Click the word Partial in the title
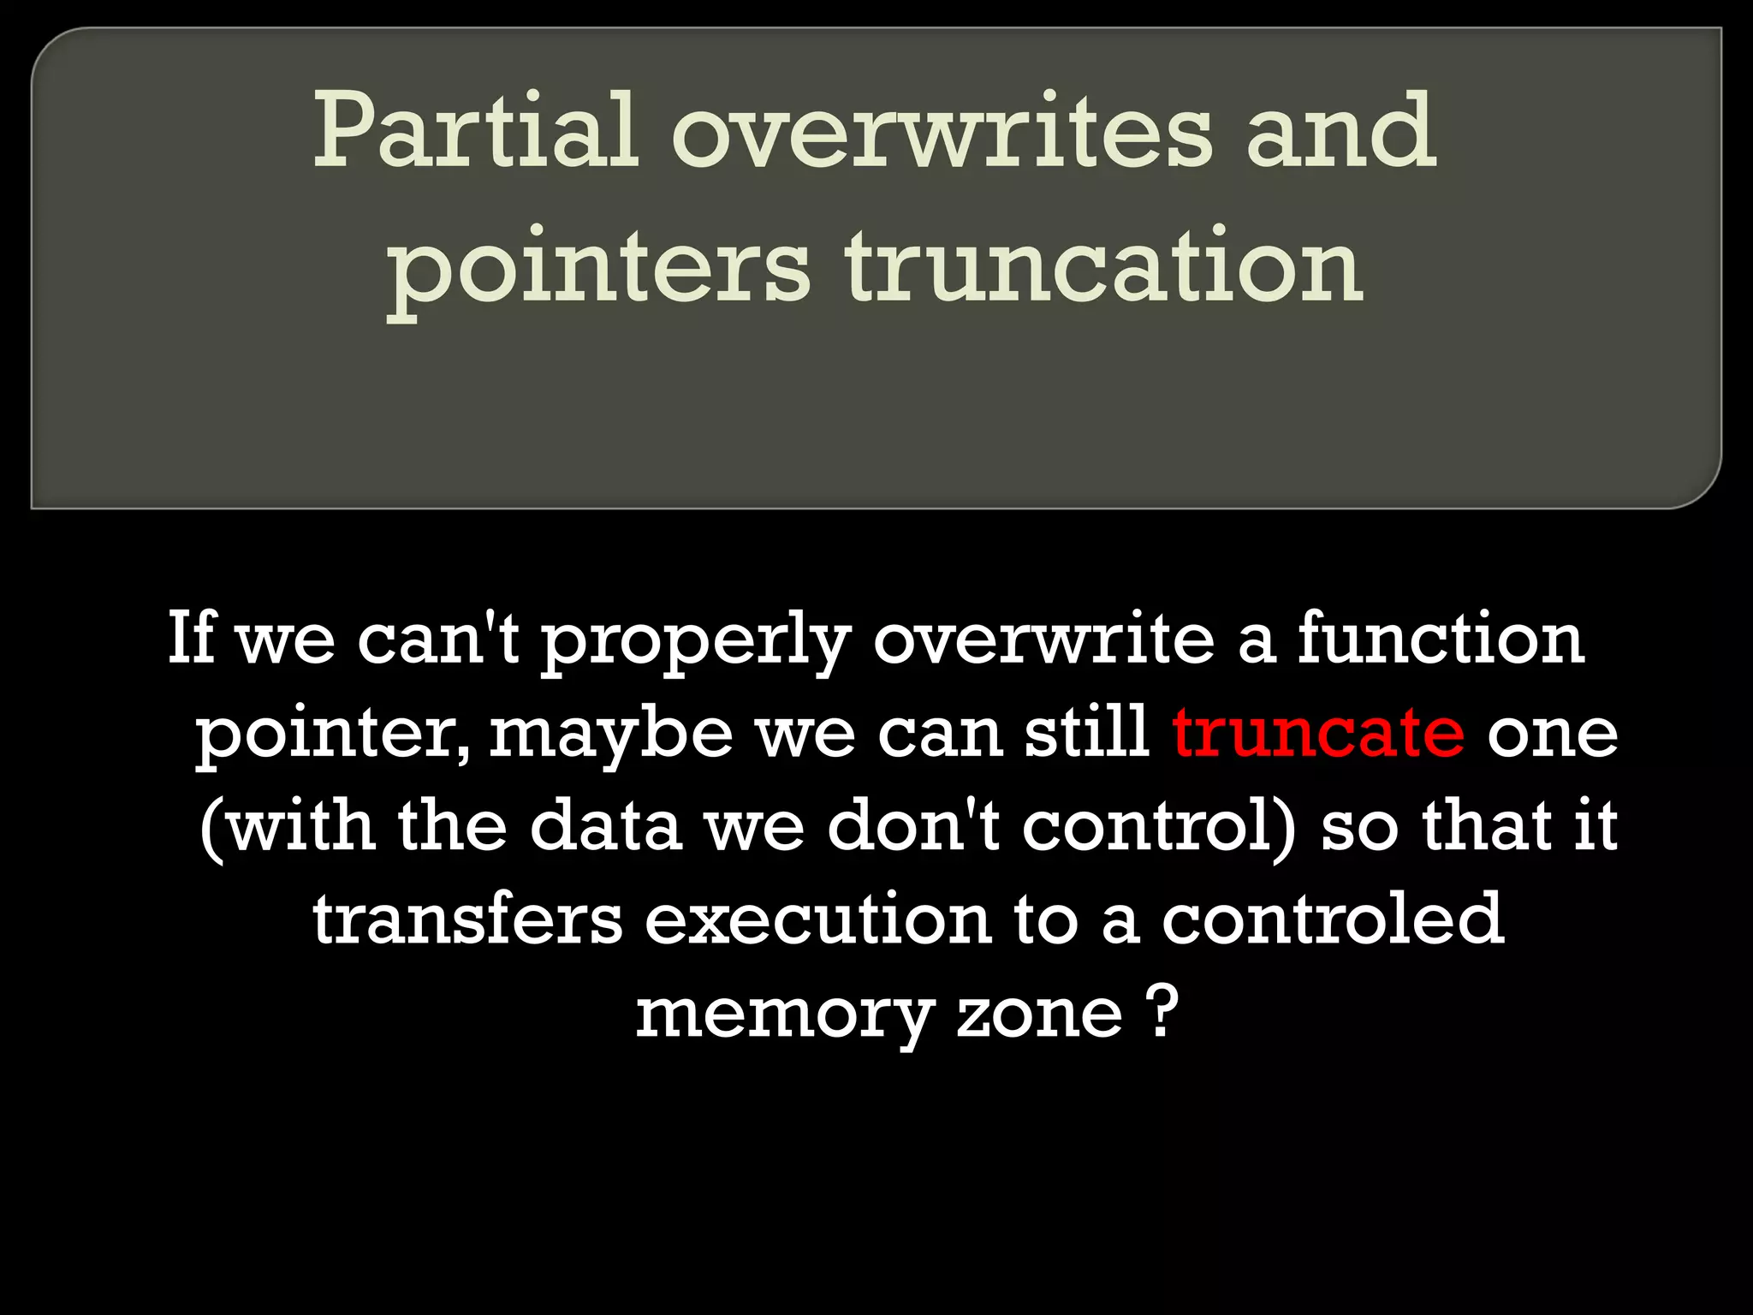[476, 133]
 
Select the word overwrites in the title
[942, 133]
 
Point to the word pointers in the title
[599, 270]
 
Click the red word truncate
[1318, 733]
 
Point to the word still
[1087, 733]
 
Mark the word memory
[783, 1015]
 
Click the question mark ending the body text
[1161, 1011]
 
